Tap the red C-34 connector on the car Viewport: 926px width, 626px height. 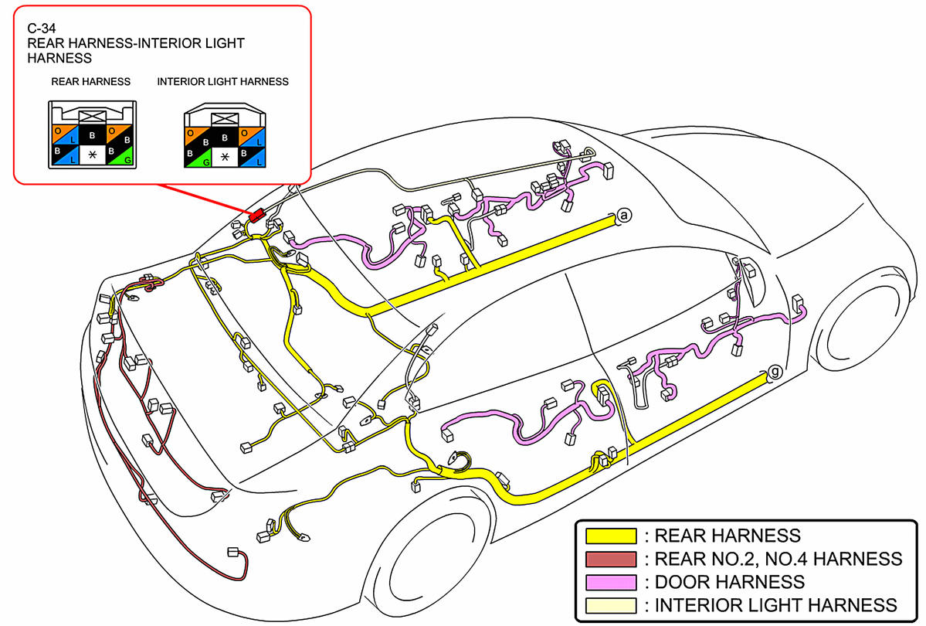[x=256, y=216]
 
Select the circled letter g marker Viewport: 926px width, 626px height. [x=775, y=373]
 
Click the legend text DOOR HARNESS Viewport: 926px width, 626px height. [x=729, y=581]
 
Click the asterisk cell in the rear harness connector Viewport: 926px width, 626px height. [x=93, y=156]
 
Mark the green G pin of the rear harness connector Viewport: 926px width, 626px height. [x=122, y=156]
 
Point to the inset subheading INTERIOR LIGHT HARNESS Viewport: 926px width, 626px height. [x=222, y=81]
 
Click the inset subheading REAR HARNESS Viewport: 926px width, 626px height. [x=91, y=81]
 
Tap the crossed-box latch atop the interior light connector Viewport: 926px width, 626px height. [x=225, y=117]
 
